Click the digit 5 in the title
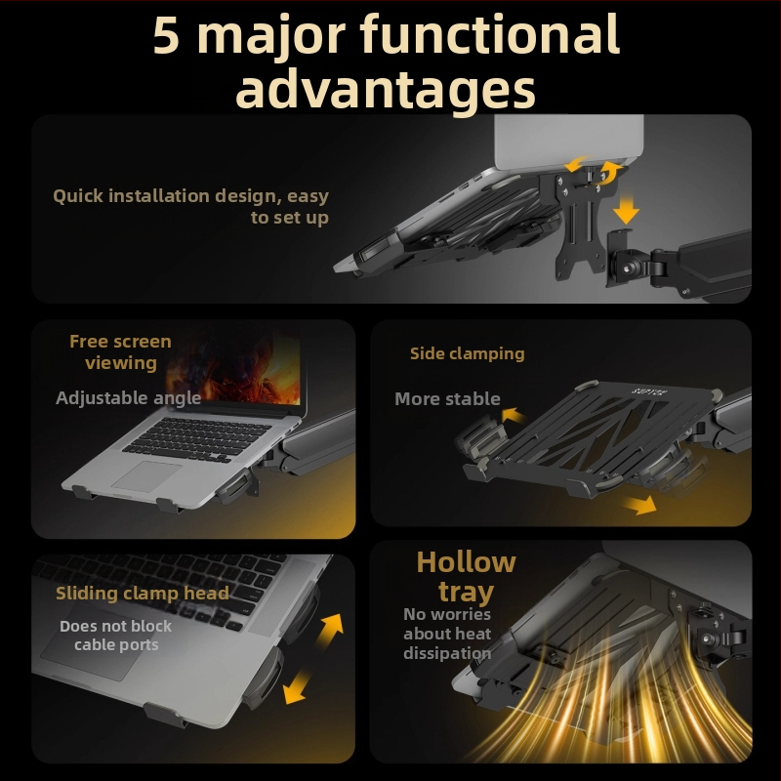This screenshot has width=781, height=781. [x=166, y=36]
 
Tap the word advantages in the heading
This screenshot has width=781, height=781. [x=386, y=90]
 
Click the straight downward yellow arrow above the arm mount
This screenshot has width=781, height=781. [x=626, y=209]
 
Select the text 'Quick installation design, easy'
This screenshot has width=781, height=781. [x=190, y=196]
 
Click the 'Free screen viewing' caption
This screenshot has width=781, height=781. [x=120, y=352]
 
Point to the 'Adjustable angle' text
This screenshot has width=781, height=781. [x=129, y=398]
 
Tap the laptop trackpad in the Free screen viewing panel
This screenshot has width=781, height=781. [x=146, y=475]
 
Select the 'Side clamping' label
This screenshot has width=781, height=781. [x=468, y=353]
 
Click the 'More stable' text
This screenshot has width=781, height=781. [x=447, y=399]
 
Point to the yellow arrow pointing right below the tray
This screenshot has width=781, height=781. [x=639, y=505]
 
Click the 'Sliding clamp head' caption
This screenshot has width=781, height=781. [x=143, y=594]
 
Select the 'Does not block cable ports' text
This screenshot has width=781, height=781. [x=115, y=636]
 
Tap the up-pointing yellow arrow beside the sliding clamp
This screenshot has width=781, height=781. [x=330, y=630]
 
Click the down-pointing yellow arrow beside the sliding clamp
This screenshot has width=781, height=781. [x=297, y=686]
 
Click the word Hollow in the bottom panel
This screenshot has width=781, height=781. [x=467, y=562]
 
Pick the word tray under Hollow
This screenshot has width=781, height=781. [x=467, y=592]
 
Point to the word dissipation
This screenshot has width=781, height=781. [x=447, y=653]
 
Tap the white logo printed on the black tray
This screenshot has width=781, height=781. [x=649, y=391]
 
